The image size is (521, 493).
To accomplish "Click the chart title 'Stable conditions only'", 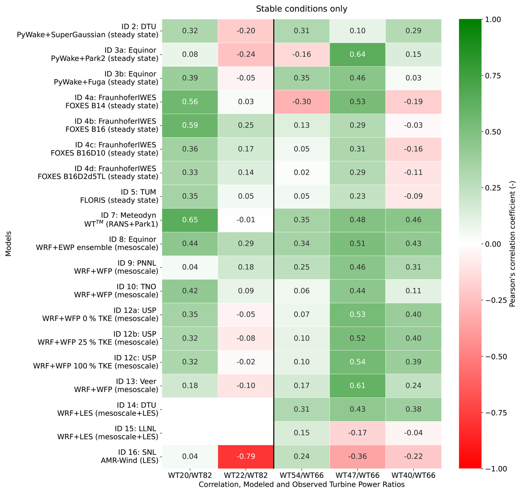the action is pyautogui.click(x=302, y=9).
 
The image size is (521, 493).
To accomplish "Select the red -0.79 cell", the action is pyautogui.click(x=246, y=457).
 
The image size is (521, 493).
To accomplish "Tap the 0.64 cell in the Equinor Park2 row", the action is pyautogui.click(x=357, y=55).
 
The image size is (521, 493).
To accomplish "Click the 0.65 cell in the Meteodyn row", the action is pyautogui.click(x=190, y=220).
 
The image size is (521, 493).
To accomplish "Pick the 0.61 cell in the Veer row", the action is pyautogui.click(x=357, y=386).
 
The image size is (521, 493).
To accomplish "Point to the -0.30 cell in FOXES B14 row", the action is pyautogui.click(x=302, y=102).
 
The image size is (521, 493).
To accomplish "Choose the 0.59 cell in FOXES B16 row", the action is pyautogui.click(x=190, y=126).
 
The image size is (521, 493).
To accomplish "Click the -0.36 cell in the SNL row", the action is pyautogui.click(x=357, y=457).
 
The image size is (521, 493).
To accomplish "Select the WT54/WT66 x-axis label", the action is pyautogui.click(x=302, y=476).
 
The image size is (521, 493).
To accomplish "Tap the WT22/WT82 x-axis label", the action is pyautogui.click(x=246, y=476).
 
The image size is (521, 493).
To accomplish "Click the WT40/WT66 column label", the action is pyautogui.click(x=413, y=476).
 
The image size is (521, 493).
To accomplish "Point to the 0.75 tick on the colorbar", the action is pyautogui.click(x=493, y=76).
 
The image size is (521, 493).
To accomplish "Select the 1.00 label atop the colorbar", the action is pyautogui.click(x=493, y=20).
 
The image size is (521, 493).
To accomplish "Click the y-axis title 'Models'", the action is pyautogui.click(x=9, y=244).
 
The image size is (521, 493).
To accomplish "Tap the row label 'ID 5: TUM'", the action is pyautogui.click(x=138, y=192).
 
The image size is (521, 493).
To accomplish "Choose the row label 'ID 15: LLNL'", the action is pyautogui.click(x=135, y=429).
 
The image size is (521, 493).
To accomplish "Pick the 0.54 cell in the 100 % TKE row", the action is pyautogui.click(x=357, y=362).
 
